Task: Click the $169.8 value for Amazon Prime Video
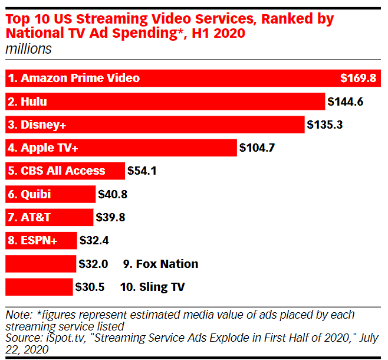point(358,78)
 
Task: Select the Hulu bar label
point(28,102)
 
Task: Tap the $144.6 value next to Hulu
point(346,102)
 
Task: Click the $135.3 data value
point(325,125)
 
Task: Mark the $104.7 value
point(257,148)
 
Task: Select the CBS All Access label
point(57,171)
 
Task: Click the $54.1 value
point(142,171)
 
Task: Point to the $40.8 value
point(113,194)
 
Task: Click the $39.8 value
point(110,217)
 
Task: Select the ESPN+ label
point(32,240)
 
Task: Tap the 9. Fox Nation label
point(160,264)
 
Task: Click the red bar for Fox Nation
point(40,264)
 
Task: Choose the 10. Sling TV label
point(153,287)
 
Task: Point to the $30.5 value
point(90,287)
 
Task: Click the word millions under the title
point(28,50)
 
